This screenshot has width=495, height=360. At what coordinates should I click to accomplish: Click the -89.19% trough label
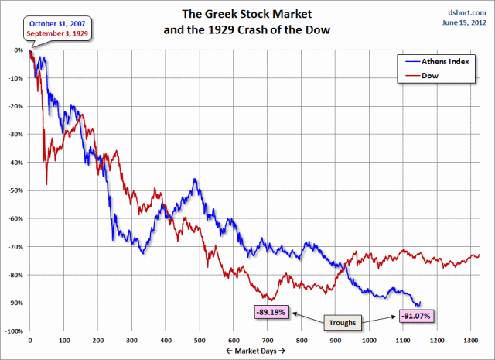coord(271,312)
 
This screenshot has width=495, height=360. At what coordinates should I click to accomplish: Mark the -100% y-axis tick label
coord(14,331)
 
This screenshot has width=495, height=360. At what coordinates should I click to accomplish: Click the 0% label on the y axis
coord(19,50)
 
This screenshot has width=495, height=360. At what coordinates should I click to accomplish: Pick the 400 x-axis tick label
coord(166,339)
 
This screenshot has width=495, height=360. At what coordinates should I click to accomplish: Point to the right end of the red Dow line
coord(479,255)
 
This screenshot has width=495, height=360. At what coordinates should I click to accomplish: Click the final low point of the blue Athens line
coord(417,306)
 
